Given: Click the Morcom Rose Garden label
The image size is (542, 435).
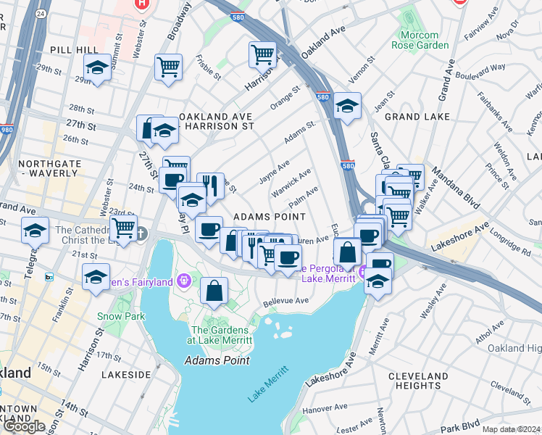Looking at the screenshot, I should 420,40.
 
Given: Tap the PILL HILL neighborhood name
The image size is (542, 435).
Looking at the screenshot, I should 70,49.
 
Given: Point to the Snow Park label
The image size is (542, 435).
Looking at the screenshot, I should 122,316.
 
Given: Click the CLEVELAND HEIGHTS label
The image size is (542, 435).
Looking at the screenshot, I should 418,381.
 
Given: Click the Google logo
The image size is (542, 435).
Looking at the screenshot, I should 23,426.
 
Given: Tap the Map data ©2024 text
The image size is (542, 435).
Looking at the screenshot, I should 510,429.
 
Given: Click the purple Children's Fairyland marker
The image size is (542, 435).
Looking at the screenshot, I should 185,278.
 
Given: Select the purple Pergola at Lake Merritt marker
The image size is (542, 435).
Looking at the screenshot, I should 362,273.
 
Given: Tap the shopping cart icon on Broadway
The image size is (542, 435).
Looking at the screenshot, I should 168,67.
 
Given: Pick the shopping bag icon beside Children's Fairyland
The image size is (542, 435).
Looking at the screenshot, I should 214,291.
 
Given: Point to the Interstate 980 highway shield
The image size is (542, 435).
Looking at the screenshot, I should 7,130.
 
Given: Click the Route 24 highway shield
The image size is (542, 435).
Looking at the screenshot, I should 41,13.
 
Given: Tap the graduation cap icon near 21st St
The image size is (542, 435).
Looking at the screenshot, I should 96,278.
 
